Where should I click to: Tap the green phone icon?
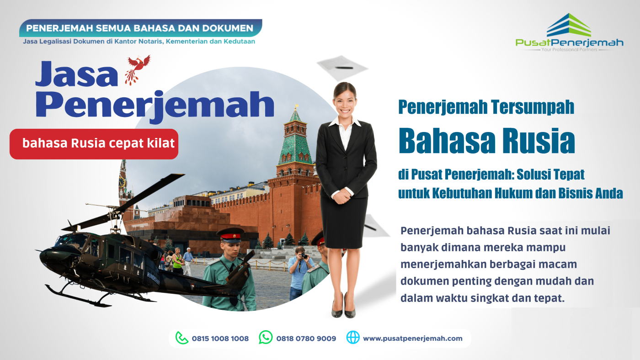point(182,338)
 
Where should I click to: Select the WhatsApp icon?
point(266,338)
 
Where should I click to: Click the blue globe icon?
point(353,338)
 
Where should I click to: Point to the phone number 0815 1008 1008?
point(220,339)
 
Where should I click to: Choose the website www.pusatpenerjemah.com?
point(412,339)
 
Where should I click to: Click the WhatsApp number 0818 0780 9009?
point(306,339)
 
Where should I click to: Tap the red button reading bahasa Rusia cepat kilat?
point(94,143)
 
